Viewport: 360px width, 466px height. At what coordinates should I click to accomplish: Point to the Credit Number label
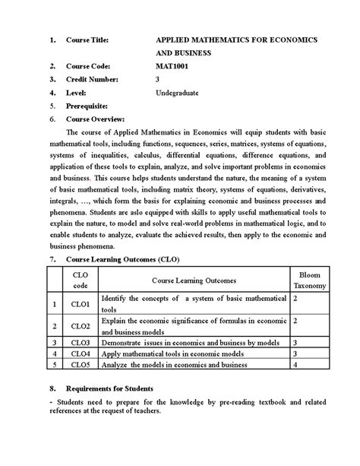point(92,79)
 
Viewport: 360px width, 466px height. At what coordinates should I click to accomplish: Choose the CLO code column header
point(81,279)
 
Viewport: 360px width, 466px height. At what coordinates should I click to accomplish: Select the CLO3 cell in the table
point(81,342)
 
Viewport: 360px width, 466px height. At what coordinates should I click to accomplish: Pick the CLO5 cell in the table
point(81,364)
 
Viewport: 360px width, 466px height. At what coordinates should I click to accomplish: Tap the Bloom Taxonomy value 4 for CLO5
point(295,364)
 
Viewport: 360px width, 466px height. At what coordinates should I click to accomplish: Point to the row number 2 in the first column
point(54,326)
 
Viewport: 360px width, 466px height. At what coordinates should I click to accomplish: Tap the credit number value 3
point(157,79)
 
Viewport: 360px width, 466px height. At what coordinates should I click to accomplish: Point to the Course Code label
point(89,66)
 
